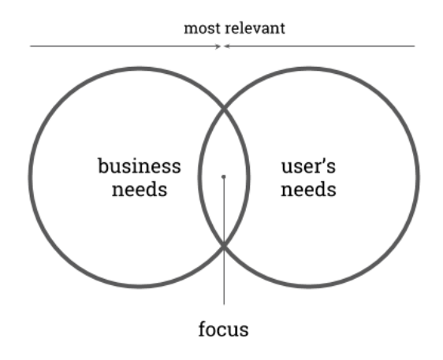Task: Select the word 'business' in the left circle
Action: pos(140,165)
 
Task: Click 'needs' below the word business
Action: pos(140,189)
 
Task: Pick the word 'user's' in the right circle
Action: pos(308,165)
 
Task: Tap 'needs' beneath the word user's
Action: pos(308,189)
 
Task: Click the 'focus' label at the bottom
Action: pos(224,329)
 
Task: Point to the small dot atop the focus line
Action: pos(224,176)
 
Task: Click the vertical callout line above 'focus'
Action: pos(224,241)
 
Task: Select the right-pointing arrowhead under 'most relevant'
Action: pos(218,46)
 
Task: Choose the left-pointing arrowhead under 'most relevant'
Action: pos(227,46)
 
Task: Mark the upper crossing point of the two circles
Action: pos(224,108)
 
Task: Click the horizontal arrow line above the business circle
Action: pos(125,46)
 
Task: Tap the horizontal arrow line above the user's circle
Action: pos(319,46)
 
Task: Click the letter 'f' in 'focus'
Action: pos(203,329)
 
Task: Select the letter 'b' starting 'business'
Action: pos(103,165)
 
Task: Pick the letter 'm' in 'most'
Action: pos(191,30)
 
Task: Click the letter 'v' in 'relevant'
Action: pos(257,30)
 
